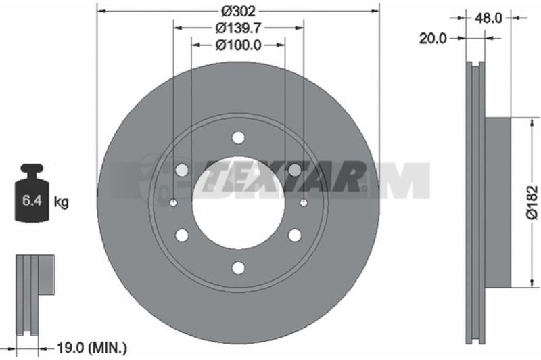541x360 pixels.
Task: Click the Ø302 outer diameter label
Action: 238,12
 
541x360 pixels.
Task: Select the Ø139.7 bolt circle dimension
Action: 238,28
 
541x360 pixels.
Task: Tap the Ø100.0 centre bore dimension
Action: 239,45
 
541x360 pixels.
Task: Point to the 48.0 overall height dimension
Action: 488,18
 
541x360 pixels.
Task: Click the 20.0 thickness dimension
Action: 433,39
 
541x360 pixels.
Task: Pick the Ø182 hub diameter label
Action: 532,202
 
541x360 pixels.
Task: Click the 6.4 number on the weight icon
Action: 32,200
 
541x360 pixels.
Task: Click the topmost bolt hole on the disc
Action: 238,137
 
